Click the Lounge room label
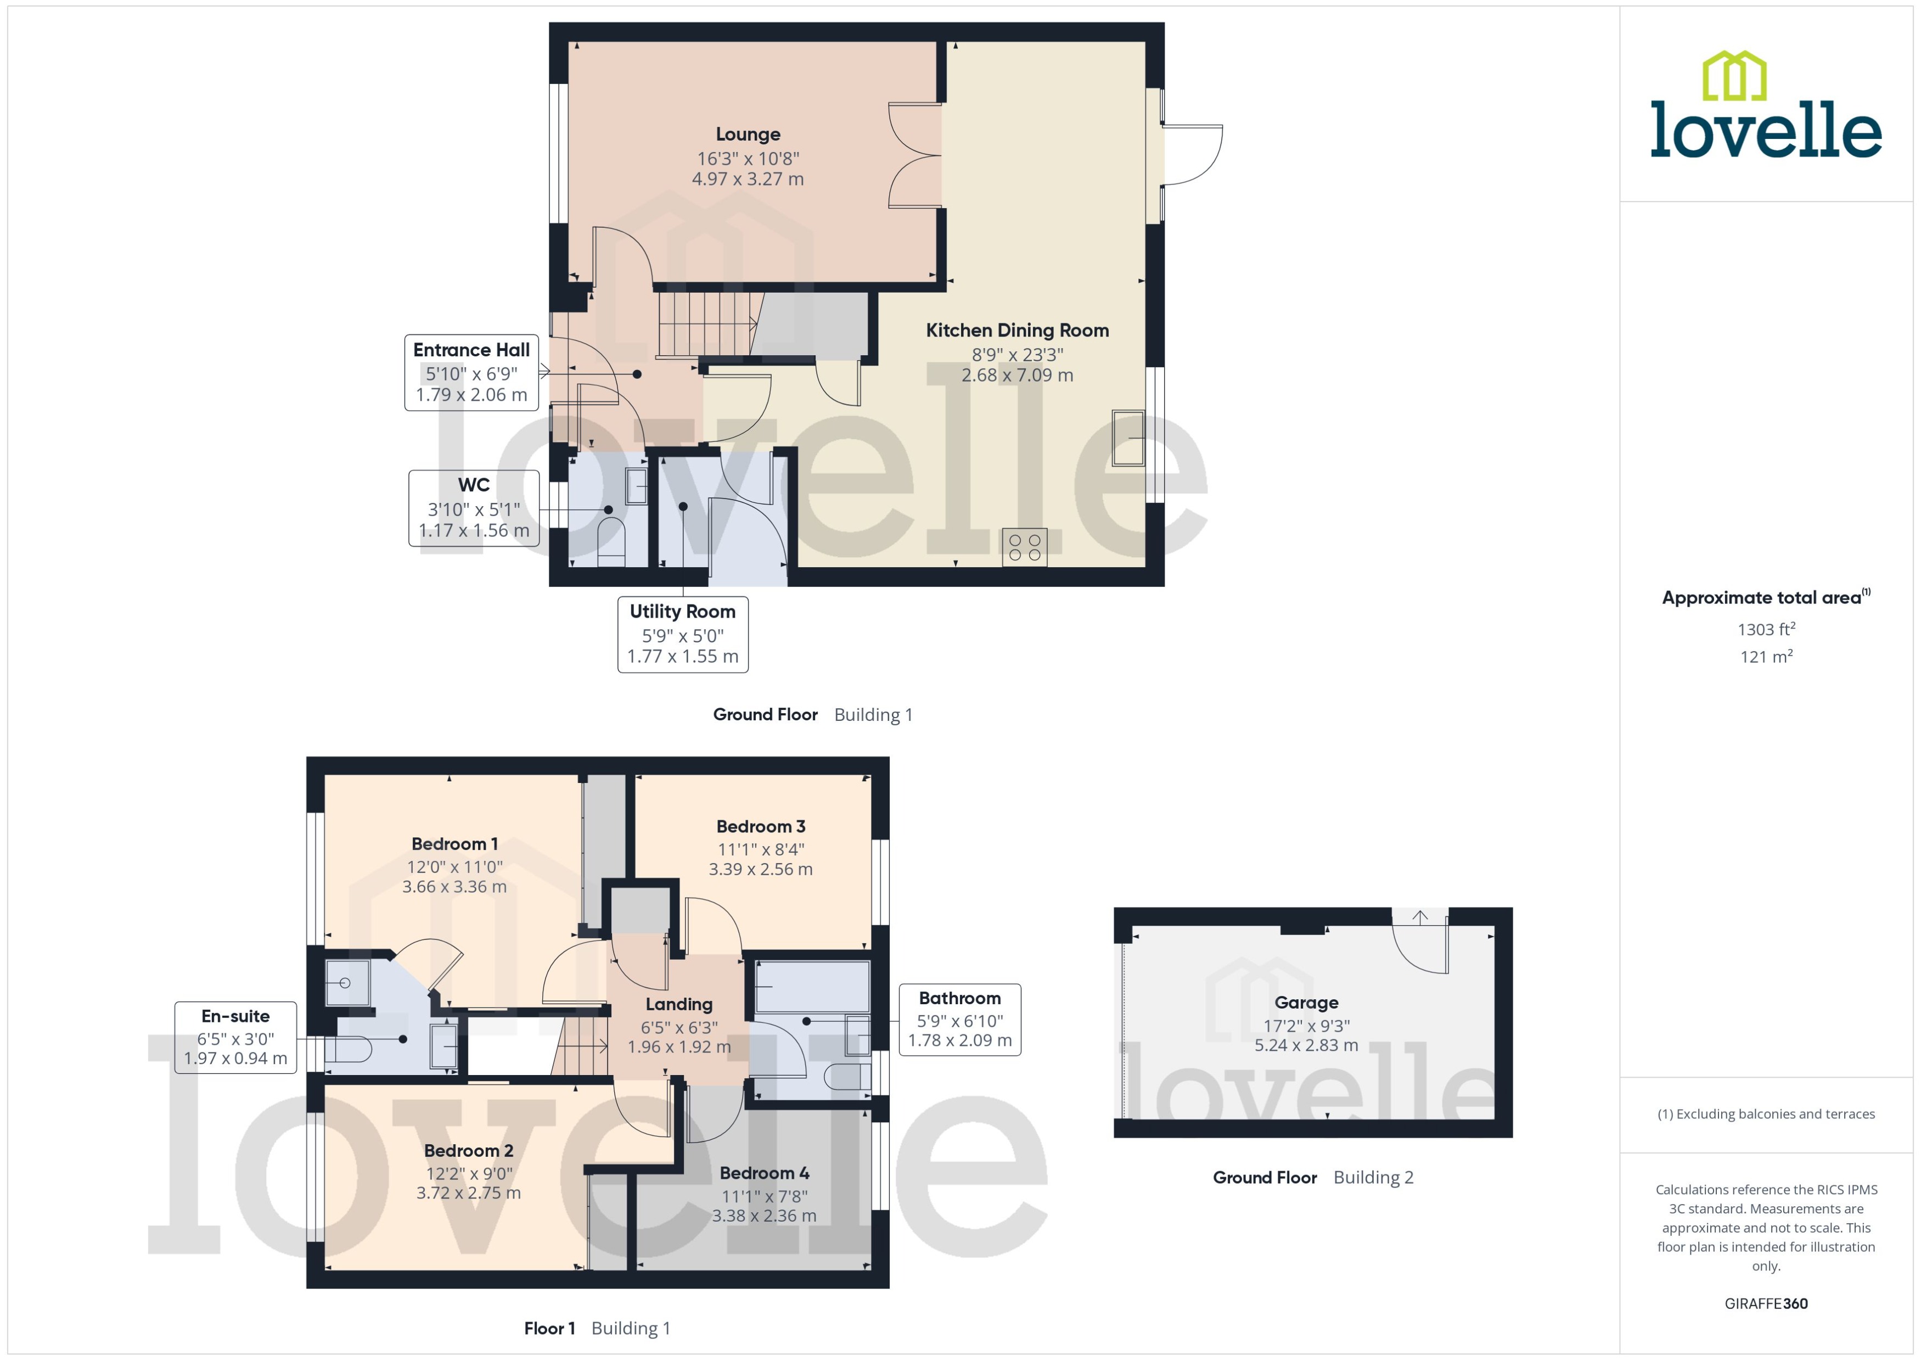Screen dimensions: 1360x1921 pyautogui.click(x=748, y=134)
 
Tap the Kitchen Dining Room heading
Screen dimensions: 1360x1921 pyautogui.click(x=1017, y=330)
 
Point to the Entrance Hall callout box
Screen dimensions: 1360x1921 pyautogui.click(x=471, y=372)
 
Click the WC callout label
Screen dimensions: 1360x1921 pyautogui.click(x=474, y=485)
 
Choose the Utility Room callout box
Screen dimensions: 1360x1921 pyautogui.click(x=682, y=634)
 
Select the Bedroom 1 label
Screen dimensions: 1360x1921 pyautogui.click(x=454, y=843)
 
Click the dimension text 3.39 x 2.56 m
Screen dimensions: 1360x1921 pyautogui.click(x=760, y=869)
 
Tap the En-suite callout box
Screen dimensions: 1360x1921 pyautogui.click(x=235, y=1037)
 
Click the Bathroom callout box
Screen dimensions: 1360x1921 pyautogui.click(x=959, y=1019)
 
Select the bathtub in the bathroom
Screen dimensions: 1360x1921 pyautogui.click(x=812, y=987)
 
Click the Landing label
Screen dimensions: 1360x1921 pyautogui.click(x=679, y=1004)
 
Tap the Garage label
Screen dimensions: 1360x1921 pyautogui.click(x=1306, y=1003)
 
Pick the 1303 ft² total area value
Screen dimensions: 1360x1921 pyautogui.click(x=1766, y=629)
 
